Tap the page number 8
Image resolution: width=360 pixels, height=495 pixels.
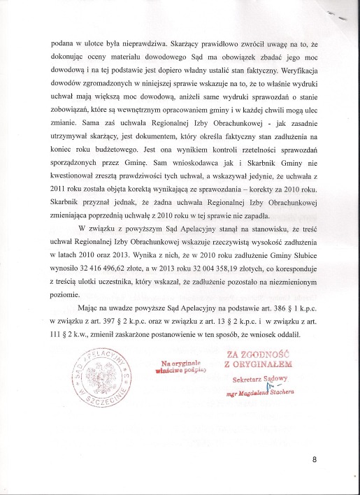pyautogui.click(x=315, y=459)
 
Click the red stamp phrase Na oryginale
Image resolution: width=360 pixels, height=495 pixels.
pyautogui.click(x=181, y=364)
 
